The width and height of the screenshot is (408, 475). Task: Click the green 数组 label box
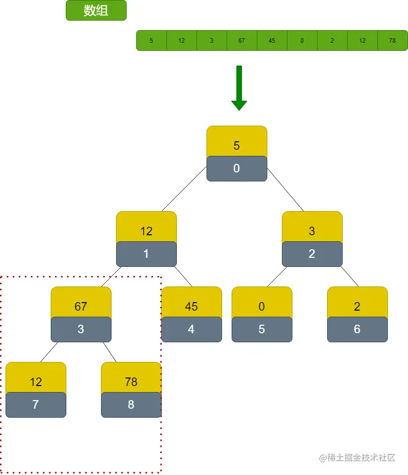tap(96, 11)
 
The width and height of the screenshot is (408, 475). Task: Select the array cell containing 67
tap(242, 41)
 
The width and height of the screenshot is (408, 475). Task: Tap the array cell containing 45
tap(272, 41)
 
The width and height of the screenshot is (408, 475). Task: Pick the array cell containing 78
tap(392, 41)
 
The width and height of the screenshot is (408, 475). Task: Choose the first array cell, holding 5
tap(151, 41)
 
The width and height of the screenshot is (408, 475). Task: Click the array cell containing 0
tap(302, 41)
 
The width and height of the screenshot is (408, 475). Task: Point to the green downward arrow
tap(239, 88)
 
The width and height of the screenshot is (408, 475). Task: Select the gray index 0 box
tap(237, 168)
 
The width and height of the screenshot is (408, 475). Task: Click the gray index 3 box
tap(81, 329)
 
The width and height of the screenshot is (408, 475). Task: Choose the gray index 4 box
tap(191, 329)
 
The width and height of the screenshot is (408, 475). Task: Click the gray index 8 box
tap(131, 405)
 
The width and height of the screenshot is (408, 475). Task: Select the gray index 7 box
tap(36, 405)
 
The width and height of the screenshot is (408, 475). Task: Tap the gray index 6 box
tap(357, 329)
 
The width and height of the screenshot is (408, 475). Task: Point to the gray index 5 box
tap(262, 329)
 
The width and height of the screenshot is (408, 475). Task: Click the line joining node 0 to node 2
tap(285, 189)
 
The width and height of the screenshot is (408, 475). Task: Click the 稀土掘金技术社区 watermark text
tap(357, 457)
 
